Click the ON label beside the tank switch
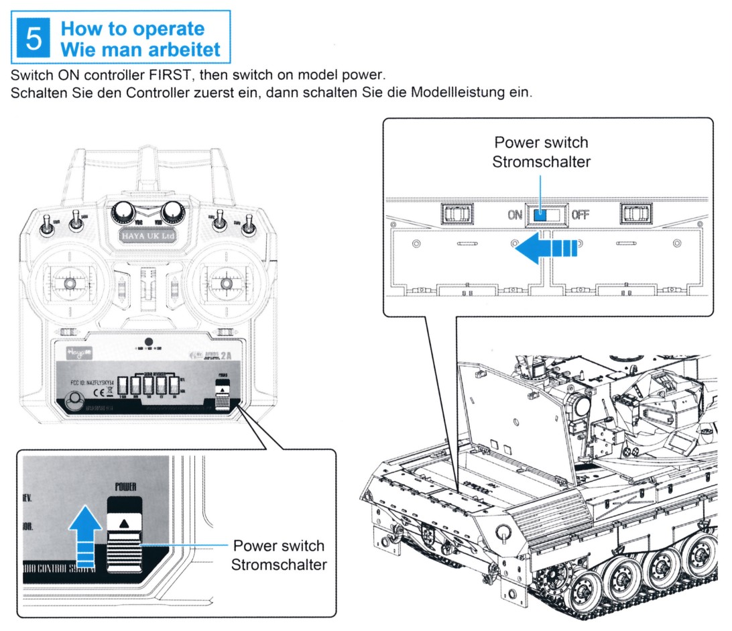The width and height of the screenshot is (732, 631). click(515, 215)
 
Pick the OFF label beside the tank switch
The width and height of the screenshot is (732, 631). click(580, 215)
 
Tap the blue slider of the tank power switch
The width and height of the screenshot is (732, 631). click(540, 215)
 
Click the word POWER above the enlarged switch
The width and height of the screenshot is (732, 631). click(125, 487)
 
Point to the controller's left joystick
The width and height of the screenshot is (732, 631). click(70, 284)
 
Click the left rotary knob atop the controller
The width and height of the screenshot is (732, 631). click(123, 211)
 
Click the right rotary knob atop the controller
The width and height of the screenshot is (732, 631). click(172, 211)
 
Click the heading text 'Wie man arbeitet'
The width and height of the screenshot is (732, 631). click(140, 49)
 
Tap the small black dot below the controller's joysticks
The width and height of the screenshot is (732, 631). click(149, 341)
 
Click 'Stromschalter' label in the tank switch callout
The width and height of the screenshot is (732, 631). click(541, 162)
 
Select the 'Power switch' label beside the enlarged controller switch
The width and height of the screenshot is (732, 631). click(278, 546)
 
